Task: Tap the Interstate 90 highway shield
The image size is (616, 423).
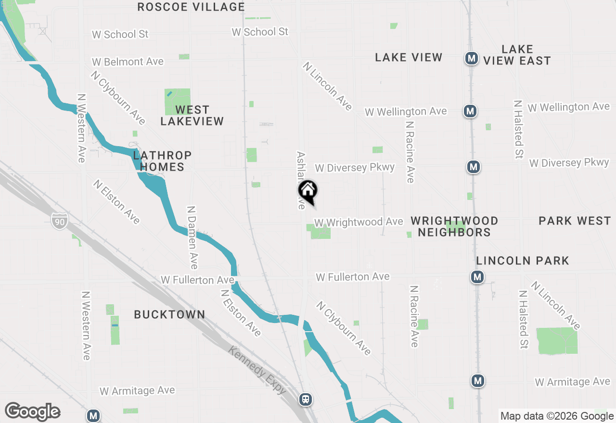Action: pos(60,220)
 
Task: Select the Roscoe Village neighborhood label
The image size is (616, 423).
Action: pos(191,7)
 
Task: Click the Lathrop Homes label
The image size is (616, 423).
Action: pos(162,161)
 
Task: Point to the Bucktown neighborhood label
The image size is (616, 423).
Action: pos(169,314)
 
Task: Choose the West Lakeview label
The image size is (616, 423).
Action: pos(192,115)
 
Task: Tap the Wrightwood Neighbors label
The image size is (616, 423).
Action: pos(454,226)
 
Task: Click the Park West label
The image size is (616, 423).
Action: pos(575,221)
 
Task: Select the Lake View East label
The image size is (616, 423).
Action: pos(517,55)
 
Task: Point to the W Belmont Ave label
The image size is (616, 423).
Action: pos(128,62)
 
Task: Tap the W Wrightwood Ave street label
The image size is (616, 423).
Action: pos(359,222)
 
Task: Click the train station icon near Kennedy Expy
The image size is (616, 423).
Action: pos(305,399)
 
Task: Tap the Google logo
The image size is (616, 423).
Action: pos(32,411)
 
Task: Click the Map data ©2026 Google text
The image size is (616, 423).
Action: pos(557,416)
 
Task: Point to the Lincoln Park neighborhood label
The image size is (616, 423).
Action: pos(523,261)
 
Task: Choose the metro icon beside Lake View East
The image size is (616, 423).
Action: pos(472,59)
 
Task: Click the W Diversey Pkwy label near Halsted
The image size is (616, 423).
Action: pos(569,163)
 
